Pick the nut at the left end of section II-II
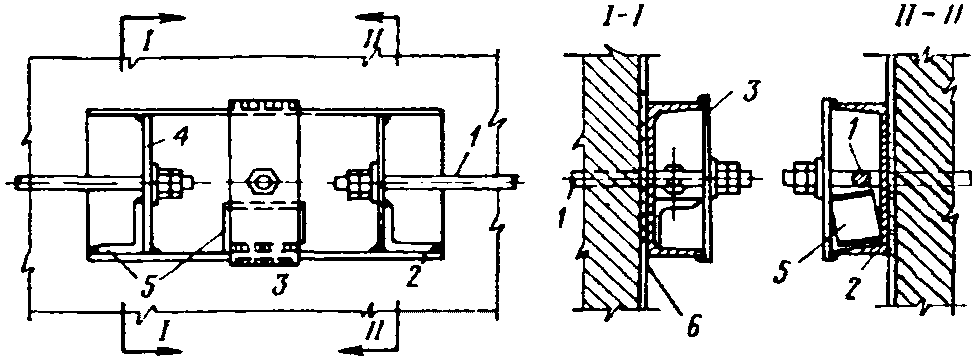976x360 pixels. coord(797,177)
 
